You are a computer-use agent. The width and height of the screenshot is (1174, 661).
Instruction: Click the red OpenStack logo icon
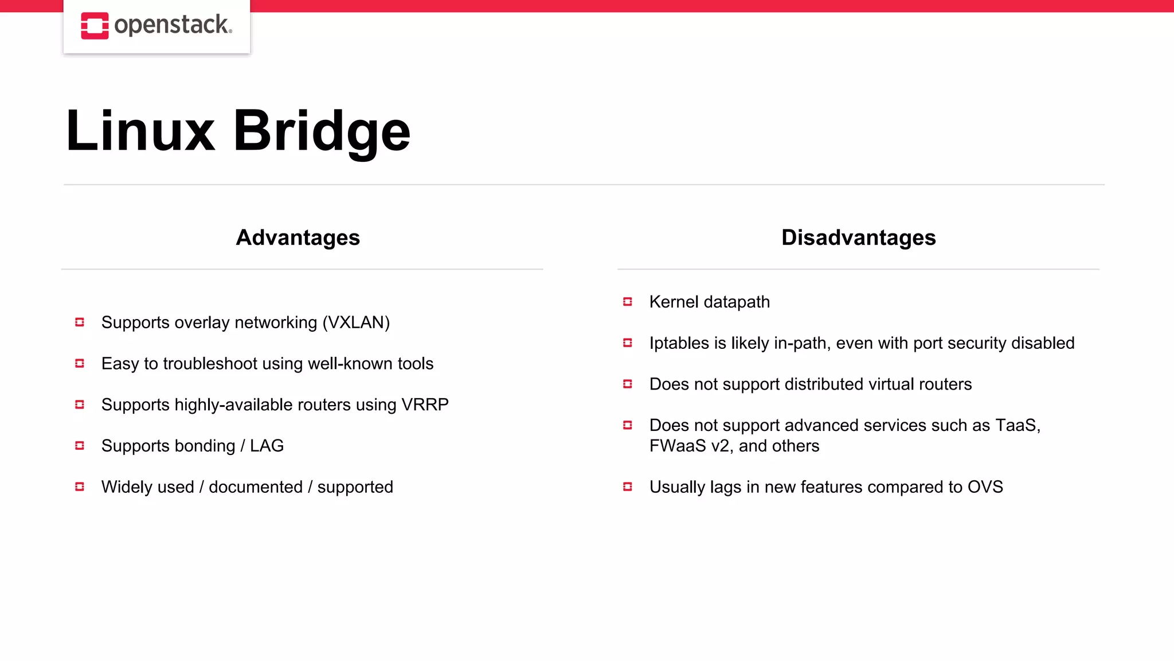[95, 26]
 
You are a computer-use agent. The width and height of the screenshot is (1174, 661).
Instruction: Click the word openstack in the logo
[172, 25]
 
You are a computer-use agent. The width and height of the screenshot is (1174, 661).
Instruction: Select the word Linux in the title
[140, 131]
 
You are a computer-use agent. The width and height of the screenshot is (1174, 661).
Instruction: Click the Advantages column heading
[298, 238]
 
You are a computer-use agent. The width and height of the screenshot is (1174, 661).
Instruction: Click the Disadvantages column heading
[858, 238]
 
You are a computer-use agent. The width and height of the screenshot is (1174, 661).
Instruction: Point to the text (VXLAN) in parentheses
[356, 322]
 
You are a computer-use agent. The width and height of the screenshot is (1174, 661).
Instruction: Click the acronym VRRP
[425, 405]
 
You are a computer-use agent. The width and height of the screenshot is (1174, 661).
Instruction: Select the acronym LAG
[267, 446]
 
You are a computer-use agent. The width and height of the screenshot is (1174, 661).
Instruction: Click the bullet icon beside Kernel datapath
[628, 302]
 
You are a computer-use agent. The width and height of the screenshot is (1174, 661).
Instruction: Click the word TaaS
[1015, 425]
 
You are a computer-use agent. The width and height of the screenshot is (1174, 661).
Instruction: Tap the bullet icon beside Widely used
[80, 487]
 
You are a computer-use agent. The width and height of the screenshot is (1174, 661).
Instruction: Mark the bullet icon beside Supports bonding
[80, 446]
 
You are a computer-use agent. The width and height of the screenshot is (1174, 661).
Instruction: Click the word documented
[256, 487]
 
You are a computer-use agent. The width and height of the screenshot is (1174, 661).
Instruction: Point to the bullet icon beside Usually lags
[628, 487]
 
